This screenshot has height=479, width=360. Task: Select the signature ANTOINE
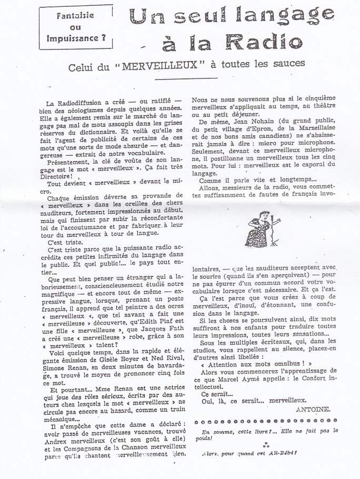[x=314, y=408]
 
